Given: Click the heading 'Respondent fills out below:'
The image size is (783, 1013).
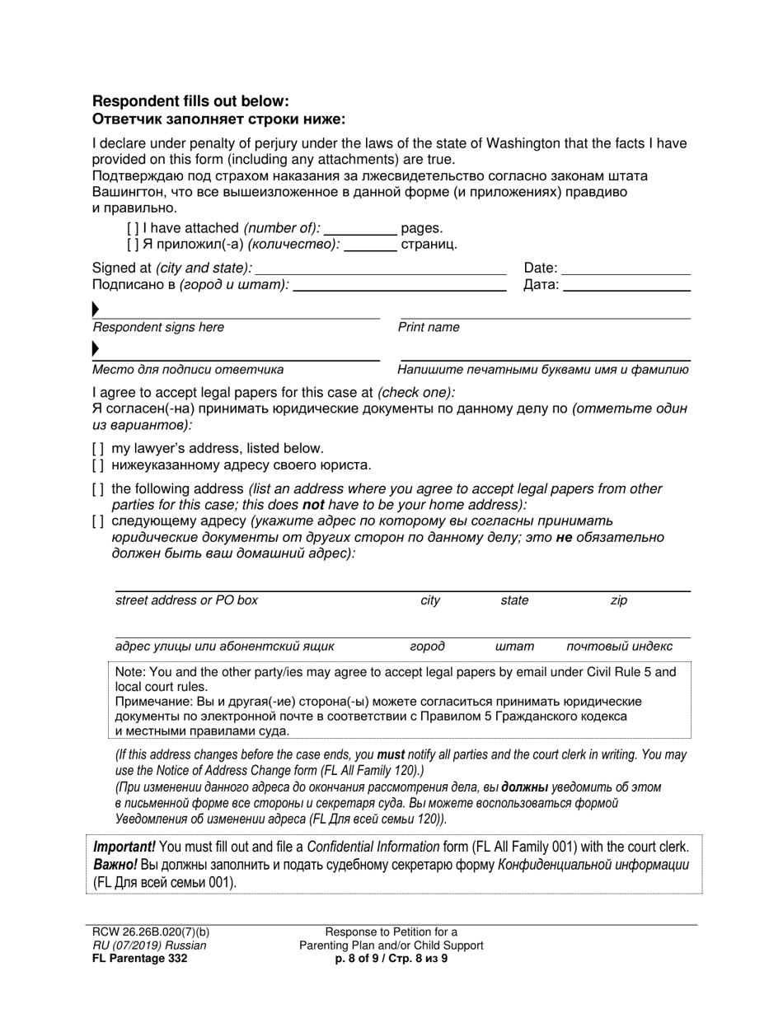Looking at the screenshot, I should point(190,101).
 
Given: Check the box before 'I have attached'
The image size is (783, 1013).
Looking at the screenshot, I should point(133,229).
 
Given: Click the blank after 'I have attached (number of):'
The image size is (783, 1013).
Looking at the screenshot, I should point(361,230).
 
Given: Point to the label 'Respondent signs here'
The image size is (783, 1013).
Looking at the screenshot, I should point(158,328).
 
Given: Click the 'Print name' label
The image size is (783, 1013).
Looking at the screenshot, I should point(429,328).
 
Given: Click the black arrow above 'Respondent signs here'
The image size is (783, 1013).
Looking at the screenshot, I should point(96,310).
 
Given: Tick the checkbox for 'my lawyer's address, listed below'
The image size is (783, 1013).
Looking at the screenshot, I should point(98,449).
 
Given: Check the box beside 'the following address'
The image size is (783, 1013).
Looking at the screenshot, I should point(98,489).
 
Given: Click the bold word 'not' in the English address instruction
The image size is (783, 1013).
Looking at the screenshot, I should point(312,505).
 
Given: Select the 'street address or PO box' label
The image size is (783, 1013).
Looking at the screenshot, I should point(186,600).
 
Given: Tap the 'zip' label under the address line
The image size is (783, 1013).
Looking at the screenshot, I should point(618,600).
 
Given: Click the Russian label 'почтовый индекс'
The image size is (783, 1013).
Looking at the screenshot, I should point(619,647).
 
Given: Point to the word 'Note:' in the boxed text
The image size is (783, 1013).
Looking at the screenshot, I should point(131,672).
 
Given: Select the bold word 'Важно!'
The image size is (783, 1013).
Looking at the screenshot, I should point(115,864).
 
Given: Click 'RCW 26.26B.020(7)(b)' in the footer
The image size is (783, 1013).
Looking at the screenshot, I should point(151,932).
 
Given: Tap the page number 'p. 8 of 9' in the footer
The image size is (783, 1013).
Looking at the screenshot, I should point(356,958).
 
